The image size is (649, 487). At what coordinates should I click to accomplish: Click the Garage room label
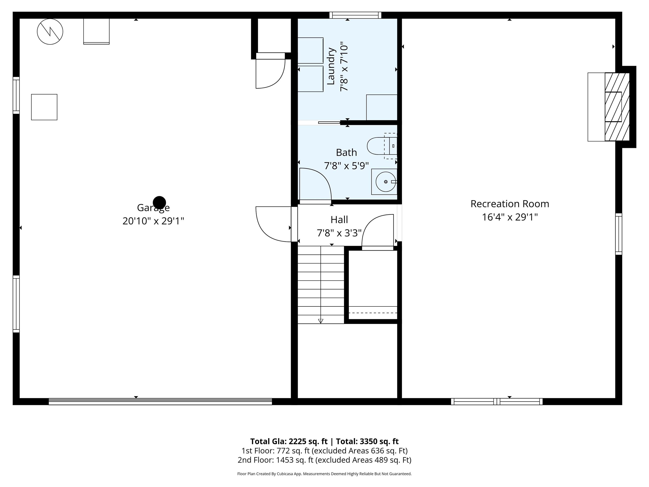point(153,208)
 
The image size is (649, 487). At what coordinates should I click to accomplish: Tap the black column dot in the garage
point(159,202)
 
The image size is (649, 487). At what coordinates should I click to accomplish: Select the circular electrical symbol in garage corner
point(50,31)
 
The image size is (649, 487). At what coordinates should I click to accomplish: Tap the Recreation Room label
point(510,204)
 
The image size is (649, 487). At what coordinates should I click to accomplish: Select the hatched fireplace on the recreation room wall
point(617,107)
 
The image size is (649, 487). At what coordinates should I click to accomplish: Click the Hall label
point(339,220)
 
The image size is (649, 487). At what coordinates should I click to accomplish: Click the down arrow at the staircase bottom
point(320,321)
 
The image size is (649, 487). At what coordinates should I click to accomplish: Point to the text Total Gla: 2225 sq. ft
point(289,442)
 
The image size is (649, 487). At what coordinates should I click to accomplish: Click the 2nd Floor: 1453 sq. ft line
point(324,460)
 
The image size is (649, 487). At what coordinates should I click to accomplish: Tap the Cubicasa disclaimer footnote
point(324,474)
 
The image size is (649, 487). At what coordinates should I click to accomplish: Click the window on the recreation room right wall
point(619,234)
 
